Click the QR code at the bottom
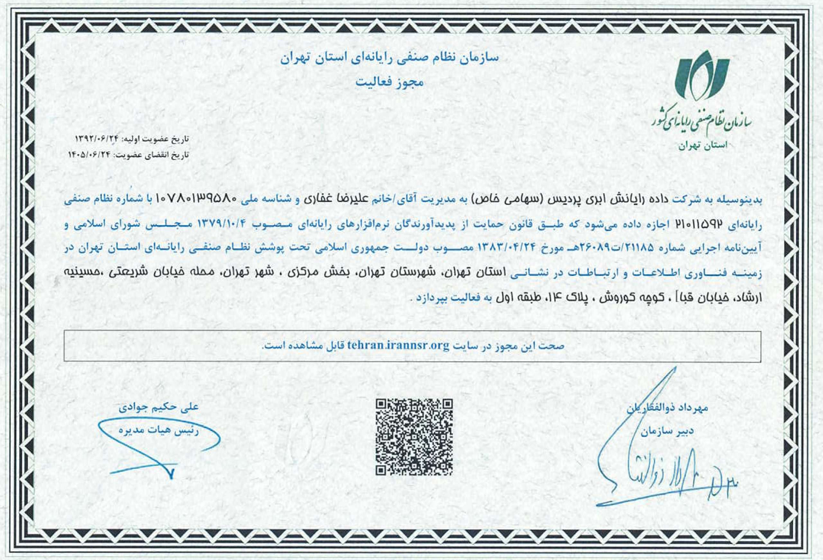[414, 437]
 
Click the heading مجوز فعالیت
[389, 83]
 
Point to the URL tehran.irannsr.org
[398, 346]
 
